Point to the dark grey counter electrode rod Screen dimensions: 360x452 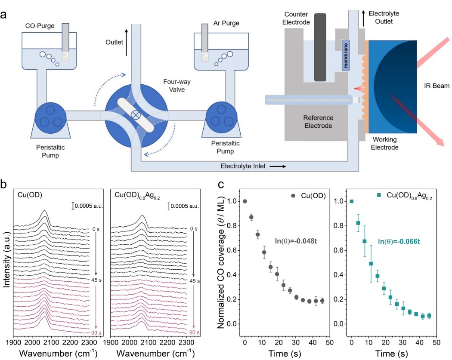320,47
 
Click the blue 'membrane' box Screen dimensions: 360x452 347,55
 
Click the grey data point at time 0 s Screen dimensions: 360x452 245,201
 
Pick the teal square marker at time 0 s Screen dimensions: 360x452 352,201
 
